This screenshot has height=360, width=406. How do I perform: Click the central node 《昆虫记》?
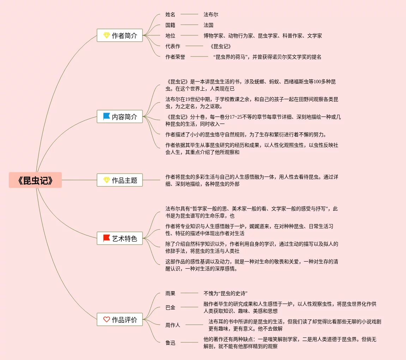tap(35, 180)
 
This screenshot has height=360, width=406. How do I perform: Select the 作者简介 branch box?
tap(120, 35)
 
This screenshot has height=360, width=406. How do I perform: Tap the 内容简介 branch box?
tap(120, 116)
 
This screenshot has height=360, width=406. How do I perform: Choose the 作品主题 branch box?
tap(120, 180)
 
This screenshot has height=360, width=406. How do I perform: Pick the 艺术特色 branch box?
tap(120, 239)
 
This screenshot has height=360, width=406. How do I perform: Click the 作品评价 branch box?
tap(120, 320)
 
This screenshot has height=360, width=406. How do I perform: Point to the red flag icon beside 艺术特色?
tap(107, 238)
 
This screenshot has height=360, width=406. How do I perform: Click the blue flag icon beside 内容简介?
tap(107, 116)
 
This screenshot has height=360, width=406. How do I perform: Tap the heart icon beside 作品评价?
tap(107, 319)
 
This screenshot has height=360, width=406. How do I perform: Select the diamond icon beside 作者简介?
tap(107, 35)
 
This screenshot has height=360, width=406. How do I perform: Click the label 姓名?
tap(170, 14)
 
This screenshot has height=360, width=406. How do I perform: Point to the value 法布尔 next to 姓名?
tap(211, 14)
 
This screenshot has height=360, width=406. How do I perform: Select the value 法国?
tap(208, 25)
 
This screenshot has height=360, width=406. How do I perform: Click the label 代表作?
tap(173, 46)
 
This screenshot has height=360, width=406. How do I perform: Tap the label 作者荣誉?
tap(175, 57)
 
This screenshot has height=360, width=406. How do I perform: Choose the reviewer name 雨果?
tap(170, 293)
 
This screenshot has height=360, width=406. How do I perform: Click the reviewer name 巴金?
tap(170, 307)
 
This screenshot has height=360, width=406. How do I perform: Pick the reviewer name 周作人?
tap(173, 325)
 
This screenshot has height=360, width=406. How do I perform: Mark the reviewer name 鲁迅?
tap(170, 343)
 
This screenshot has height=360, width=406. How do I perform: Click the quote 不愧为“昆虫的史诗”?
tap(225, 293)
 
